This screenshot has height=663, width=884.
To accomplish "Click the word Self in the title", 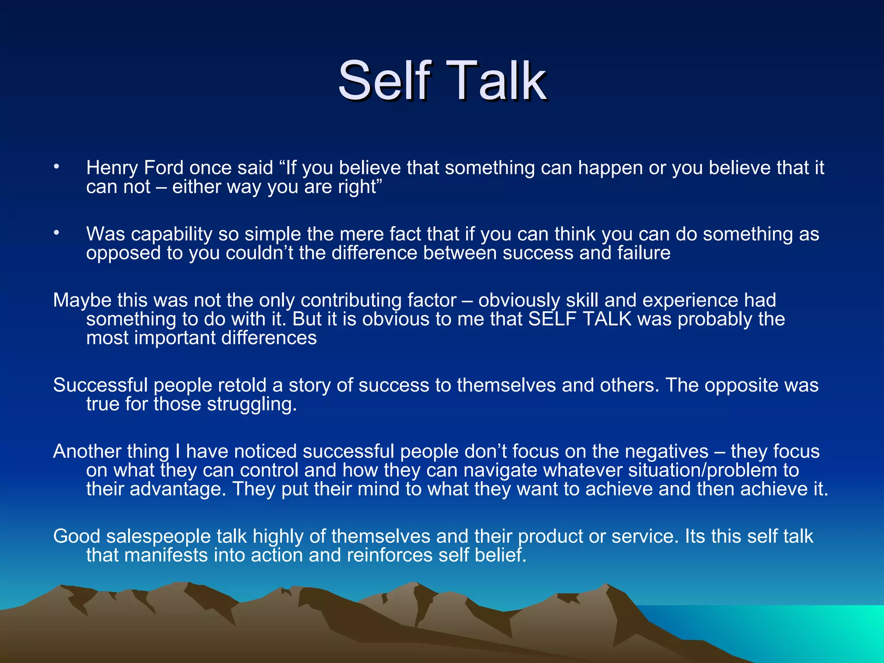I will click(x=385, y=80).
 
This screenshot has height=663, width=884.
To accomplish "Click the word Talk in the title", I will click(x=499, y=80).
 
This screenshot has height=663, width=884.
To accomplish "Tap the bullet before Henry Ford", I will click(x=56, y=167).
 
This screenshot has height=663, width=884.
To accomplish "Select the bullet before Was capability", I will click(x=56, y=233).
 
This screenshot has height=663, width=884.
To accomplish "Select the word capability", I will click(x=171, y=234).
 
